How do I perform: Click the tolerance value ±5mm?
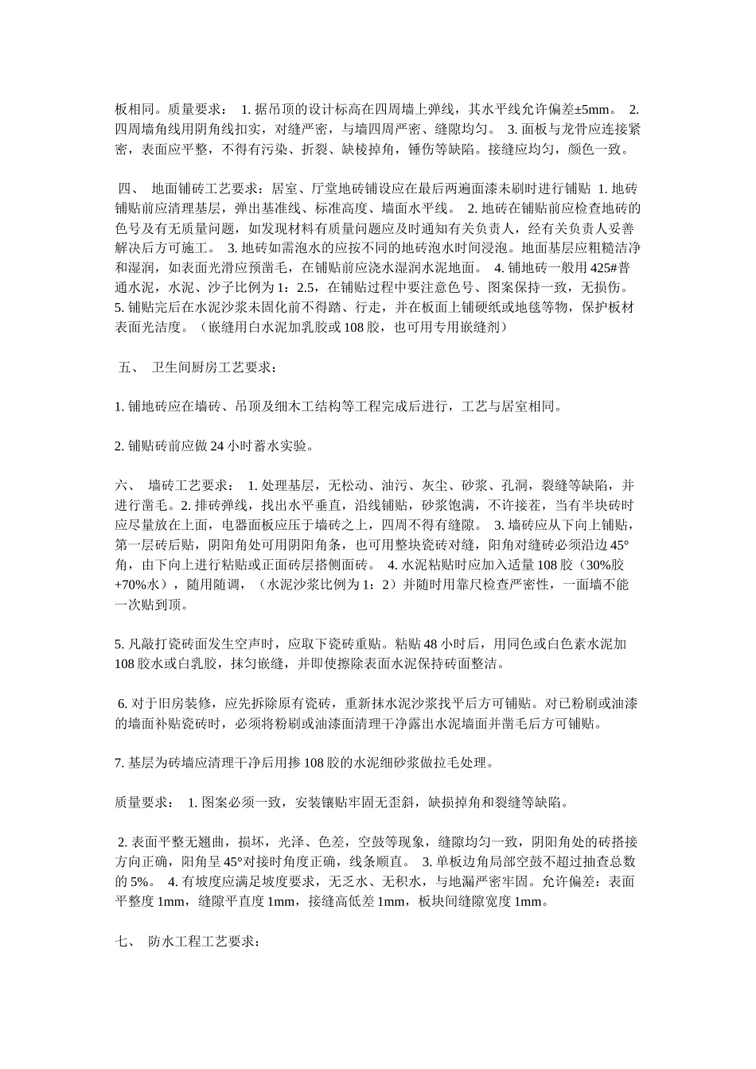tap(591, 109)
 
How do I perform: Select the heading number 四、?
tap(128, 189)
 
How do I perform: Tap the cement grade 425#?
tap(602, 267)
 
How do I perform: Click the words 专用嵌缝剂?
tap(469, 327)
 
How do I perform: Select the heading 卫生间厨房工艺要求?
tap(212, 367)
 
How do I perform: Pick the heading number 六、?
tap(127, 485)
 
